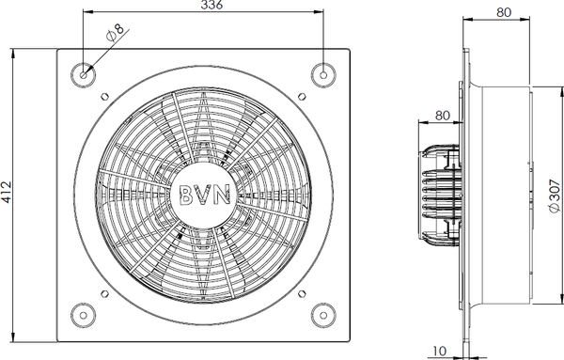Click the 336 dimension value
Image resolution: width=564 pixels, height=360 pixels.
coord(211,5)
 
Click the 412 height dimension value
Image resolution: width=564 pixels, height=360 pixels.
coord(7,193)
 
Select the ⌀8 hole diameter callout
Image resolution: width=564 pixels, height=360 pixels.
coord(115,33)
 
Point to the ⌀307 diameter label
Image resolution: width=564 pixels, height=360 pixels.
coord(556,196)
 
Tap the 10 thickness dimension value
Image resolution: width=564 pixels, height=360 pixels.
coord(439,351)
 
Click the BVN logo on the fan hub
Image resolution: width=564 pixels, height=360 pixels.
coord(204,195)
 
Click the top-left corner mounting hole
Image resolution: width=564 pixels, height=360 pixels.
coord(84,75)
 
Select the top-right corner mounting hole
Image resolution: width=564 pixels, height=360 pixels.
coord(323,75)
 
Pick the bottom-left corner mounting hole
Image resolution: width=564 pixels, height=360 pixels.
coord(84,316)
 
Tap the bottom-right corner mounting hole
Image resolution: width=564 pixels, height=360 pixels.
coord(323,316)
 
